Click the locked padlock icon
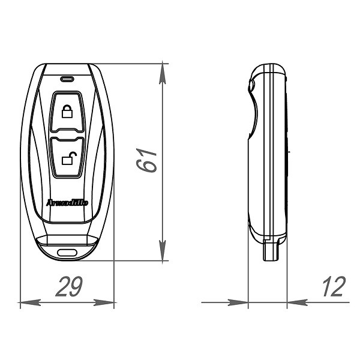pos(67,112)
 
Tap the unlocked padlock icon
pos(68,158)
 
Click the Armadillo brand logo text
pos(67,203)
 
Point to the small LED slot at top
pos(67,77)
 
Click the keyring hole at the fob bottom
pos(68,252)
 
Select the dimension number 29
pos(69,288)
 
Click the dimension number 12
pos(333,288)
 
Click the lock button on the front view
pos(67,112)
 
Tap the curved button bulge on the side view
pos(254,114)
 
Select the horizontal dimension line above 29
pos(48,304)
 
